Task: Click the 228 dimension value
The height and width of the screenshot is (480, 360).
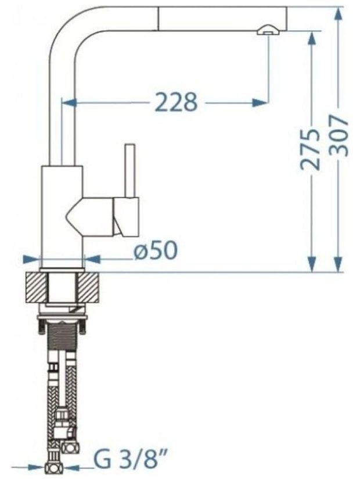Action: [x=175, y=102]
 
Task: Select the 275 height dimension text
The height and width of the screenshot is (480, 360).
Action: [x=310, y=149]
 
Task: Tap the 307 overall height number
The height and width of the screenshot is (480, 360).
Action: [x=340, y=136]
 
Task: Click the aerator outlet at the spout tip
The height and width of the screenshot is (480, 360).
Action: [x=268, y=30]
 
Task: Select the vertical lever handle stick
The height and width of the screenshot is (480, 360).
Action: [x=129, y=170]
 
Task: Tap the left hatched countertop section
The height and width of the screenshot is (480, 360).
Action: [x=37, y=287]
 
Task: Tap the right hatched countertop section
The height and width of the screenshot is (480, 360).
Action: [x=89, y=287]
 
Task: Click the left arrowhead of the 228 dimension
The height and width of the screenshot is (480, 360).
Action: [x=69, y=102]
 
